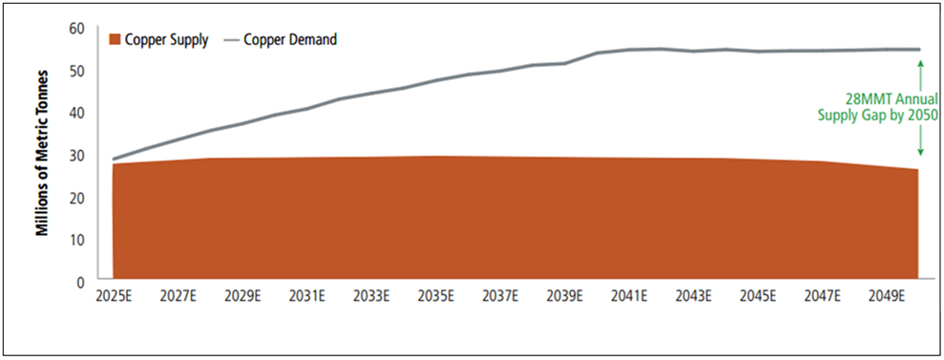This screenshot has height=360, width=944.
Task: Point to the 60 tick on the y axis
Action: (77, 29)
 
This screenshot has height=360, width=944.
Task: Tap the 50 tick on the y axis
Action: (77, 71)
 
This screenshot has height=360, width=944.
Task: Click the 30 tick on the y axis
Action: (77, 155)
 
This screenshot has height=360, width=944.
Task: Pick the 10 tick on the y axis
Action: (77, 239)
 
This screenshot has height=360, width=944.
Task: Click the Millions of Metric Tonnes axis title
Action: (43, 155)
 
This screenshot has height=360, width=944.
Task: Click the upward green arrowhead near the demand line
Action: (920, 63)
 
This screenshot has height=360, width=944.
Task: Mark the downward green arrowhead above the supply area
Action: (920, 152)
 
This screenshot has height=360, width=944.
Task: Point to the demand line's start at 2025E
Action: (114, 159)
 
